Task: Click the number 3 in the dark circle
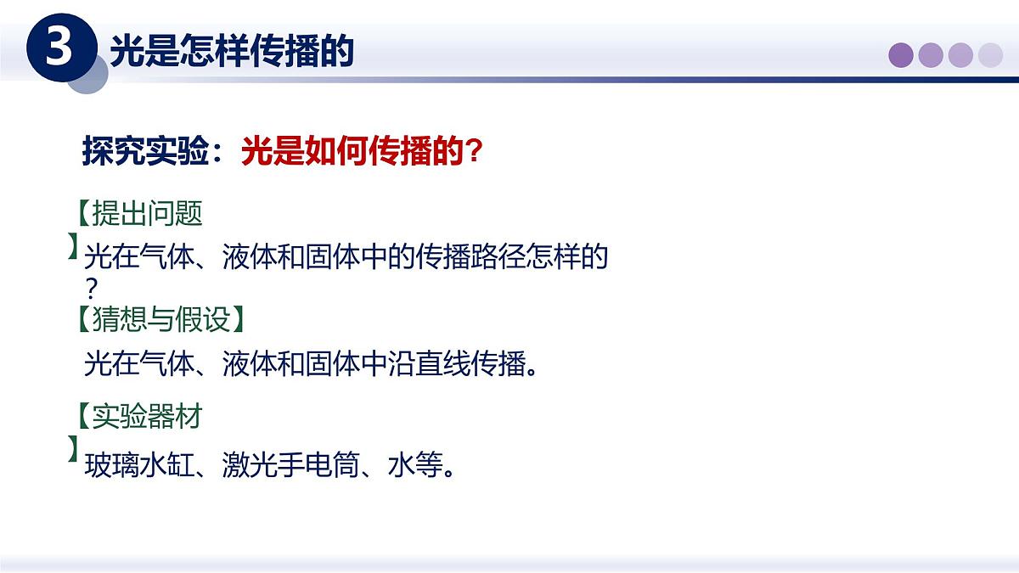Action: click(x=59, y=48)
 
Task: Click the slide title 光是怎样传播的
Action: click(x=231, y=52)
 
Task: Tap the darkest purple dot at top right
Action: click(x=901, y=55)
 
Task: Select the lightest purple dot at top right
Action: click(x=990, y=55)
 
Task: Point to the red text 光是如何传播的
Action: click(x=353, y=153)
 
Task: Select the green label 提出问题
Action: click(x=147, y=213)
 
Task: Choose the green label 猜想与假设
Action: click(x=160, y=319)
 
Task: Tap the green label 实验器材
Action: click(x=147, y=416)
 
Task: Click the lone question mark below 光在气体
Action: click(x=93, y=287)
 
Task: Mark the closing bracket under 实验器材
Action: click(x=74, y=449)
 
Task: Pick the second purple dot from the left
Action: click(x=931, y=55)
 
